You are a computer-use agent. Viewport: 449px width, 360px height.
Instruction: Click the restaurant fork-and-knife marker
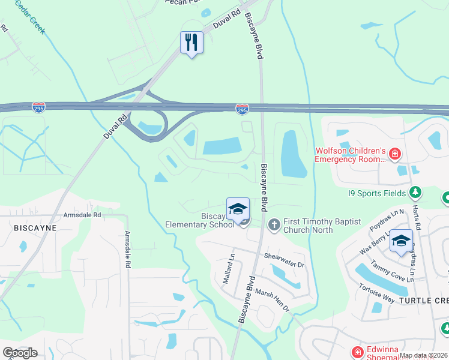191,43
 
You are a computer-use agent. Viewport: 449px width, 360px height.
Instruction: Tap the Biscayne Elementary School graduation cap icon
238,209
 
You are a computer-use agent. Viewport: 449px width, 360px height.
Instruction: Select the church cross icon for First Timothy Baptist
274,226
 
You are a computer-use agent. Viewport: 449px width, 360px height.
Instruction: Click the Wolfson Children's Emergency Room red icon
395,155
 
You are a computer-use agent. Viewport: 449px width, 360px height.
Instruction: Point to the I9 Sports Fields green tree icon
414,193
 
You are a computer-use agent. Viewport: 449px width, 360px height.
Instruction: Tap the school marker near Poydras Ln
401,241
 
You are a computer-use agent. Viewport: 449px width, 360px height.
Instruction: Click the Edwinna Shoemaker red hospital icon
357,352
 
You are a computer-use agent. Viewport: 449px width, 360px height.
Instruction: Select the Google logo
20,352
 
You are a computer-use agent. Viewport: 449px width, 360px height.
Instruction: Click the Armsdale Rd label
82,215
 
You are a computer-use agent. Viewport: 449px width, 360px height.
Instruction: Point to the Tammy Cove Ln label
393,269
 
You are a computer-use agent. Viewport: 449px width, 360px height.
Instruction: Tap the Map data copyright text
423,355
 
